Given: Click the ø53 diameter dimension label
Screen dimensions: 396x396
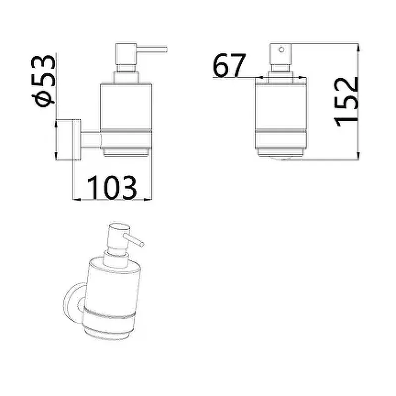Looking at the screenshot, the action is click(x=43, y=81).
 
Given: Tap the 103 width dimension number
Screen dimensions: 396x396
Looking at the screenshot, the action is click(x=112, y=188).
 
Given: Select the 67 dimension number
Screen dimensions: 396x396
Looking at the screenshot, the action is click(x=229, y=65).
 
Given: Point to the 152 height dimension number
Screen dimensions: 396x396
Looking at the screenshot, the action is click(x=346, y=101).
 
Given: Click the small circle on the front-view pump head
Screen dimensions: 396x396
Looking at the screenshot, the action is click(x=282, y=50).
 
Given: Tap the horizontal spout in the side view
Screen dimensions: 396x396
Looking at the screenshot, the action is click(x=152, y=49).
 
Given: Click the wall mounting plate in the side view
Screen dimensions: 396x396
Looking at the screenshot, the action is click(x=77, y=140).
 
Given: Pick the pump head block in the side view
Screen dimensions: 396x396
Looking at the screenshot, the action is click(x=126, y=54).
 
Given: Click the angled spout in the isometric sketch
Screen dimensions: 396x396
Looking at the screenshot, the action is click(x=134, y=240).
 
